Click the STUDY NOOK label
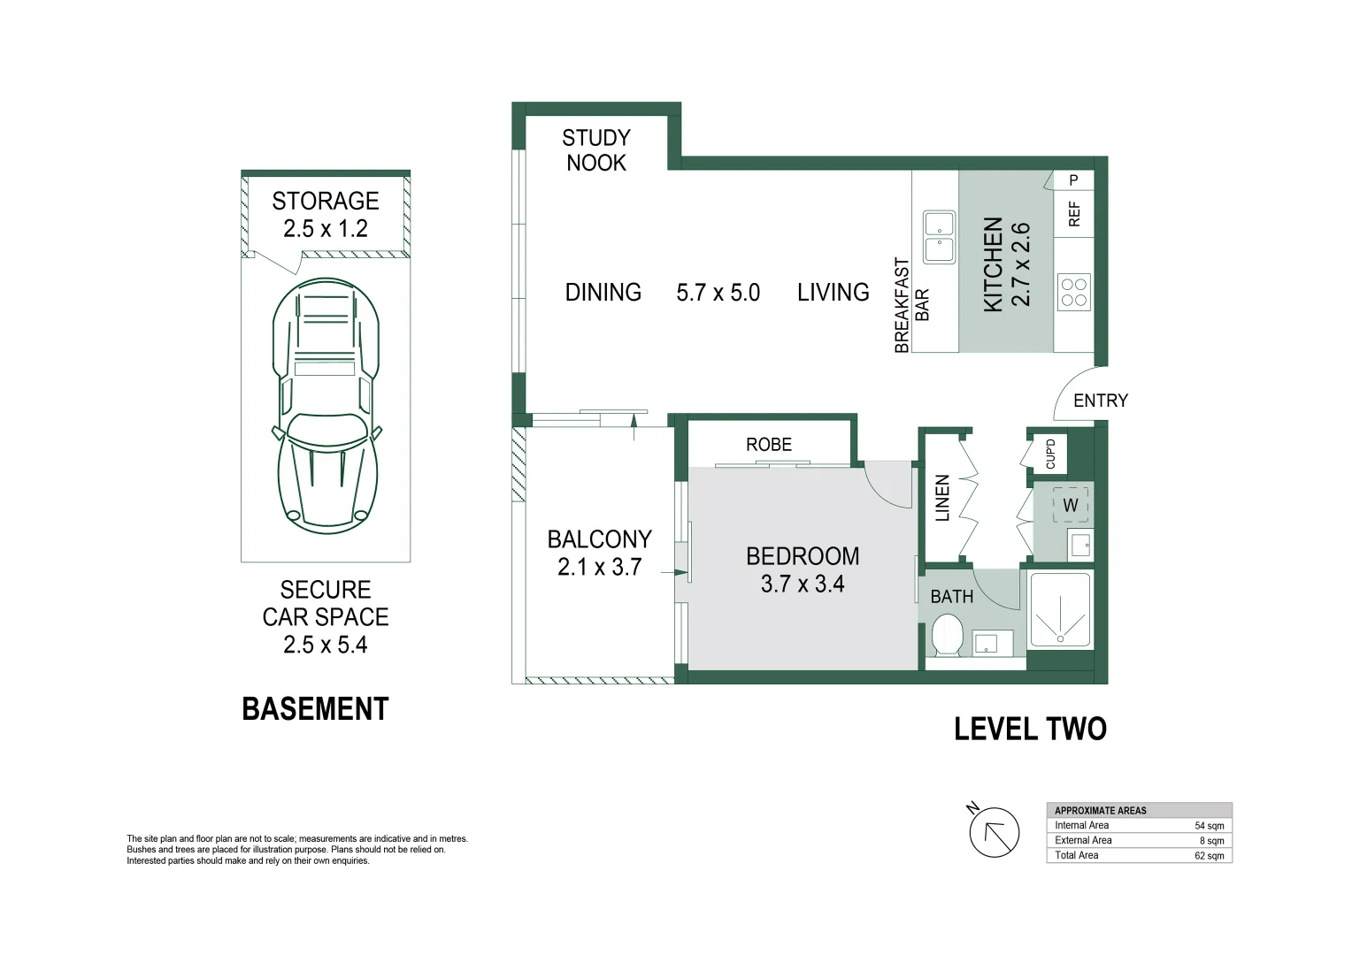595,150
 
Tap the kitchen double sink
939,237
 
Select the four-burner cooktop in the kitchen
1073,292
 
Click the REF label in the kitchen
1074,213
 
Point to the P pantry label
1073,180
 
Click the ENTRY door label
1100,401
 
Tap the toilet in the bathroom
947,636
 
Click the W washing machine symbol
1070,505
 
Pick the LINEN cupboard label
942,497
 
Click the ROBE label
768,445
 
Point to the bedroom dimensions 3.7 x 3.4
803,584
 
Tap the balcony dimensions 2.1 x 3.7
599,567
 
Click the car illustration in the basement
326,407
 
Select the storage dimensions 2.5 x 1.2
325,229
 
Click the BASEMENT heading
315,709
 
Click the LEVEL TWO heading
1030,729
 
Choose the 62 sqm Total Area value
1209,856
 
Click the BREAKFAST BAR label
911,305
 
